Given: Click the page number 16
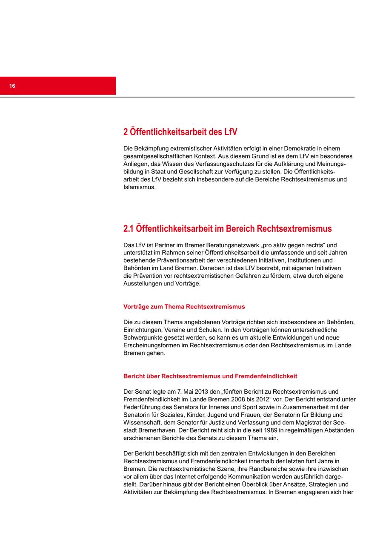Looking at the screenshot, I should pyautogui.click(x=12, y=86).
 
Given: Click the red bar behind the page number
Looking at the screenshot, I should pyautogui.click(x=64, y=86).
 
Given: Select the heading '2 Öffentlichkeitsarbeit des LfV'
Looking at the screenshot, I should pyautogui.click(x=180, y=132).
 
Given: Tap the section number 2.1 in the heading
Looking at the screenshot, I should pyautogui.click(x=128, y=229).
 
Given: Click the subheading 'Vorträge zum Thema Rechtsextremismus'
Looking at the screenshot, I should pyautogui.click(x=184, y=307).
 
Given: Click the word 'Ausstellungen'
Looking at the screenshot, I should pyautogui.click(x=143, y=283).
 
